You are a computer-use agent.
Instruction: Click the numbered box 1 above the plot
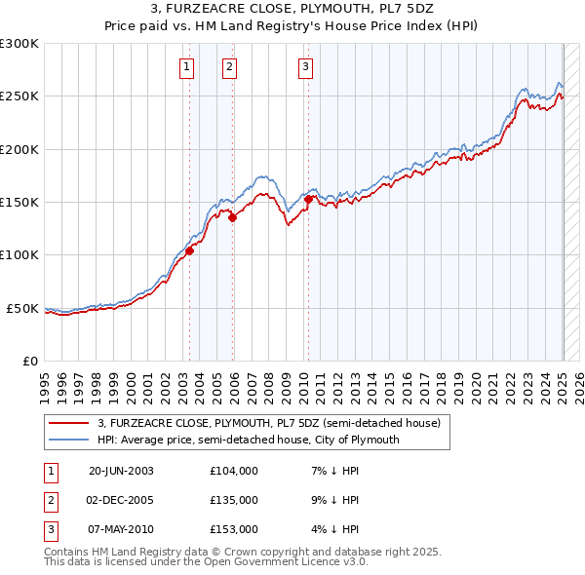pyautogui.click(x=185, y=67)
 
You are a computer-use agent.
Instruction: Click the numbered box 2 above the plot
pyautogui.click(x=228, y=67)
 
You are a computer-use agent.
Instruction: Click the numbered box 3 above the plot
pyautogui.click(x=305, y=67)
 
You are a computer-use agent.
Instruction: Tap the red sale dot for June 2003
pyautogui.click(x=190, y=250)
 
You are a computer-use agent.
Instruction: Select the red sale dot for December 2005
pyautogui.click(x=233, y=218)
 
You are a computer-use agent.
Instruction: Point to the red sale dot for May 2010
pyautogui.click(x=309, y=199)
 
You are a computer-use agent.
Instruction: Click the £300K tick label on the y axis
pyautogui.click(x=19, y=44)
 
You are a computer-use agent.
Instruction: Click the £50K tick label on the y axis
pyautogui.click(x=23, y=308)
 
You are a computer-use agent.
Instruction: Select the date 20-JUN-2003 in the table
pyautogui.click(x=121, y=471)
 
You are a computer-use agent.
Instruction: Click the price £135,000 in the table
pyautogui.click(x=234, y=500)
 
